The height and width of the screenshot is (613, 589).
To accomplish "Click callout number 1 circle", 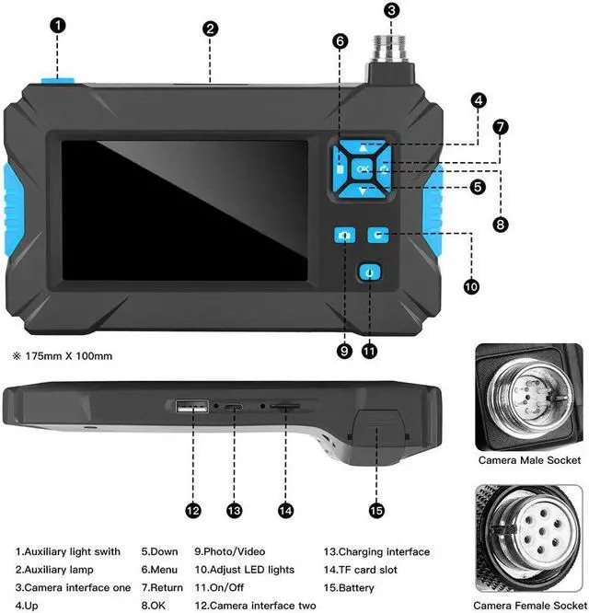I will click(x=57, y=26).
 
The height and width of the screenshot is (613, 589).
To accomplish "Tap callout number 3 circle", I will click(x=392, y=10).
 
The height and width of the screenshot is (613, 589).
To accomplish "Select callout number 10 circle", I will click(x=470, y=286).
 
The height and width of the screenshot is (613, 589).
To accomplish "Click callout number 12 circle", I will click(x=192, y=509).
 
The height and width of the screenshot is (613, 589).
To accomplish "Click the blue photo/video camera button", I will click(x=344, y=236).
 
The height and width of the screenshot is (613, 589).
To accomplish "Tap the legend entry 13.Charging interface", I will click(x=376, y=552).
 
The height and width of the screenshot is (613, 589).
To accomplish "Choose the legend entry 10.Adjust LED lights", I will click(x=244, y=570).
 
